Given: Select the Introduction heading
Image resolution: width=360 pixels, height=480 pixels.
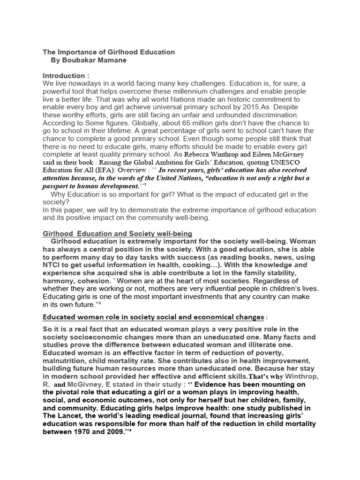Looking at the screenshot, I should pos(66,75).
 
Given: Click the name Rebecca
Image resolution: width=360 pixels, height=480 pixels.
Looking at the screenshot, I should pos(200,154).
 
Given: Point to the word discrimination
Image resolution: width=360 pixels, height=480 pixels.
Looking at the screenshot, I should pos(274,115).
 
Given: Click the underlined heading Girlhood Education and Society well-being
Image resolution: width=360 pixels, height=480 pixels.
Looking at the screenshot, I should pos(118,233).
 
